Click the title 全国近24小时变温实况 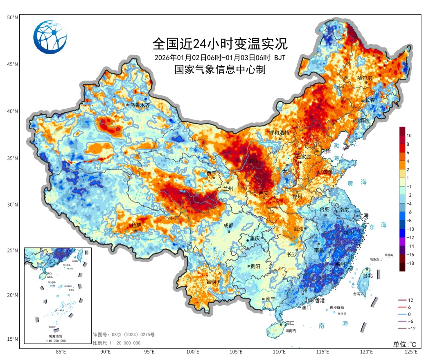coord(220,43)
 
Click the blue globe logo coord(50,37)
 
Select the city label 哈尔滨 coord(365,78)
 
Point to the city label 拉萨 coord(136,225)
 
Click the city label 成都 coord(228,225)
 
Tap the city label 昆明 coord(211,282)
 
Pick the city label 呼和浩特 coord(279,133)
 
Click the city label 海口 coord(290,323)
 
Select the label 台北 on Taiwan coord(368,275)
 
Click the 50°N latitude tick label coord(12,18)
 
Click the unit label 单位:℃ coord(405,344)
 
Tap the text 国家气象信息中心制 coord(220,70)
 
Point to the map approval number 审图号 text coord(124,335)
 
